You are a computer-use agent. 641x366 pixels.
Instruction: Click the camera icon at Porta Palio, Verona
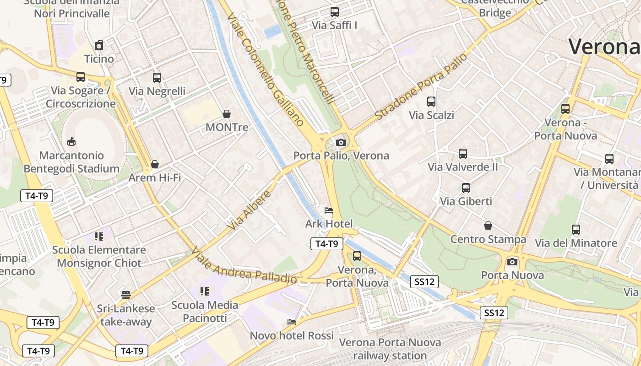[341, 142]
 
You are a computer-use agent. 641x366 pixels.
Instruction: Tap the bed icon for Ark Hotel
[328, 210]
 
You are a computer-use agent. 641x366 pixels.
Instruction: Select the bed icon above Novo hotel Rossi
[292, 322]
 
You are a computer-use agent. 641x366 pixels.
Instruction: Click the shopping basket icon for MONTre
[226, 113]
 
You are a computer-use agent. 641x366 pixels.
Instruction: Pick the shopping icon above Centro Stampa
[488, 226]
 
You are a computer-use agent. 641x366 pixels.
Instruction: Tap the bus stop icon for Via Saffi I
[335, 12]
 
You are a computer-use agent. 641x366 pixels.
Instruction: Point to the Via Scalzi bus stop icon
[431, 102]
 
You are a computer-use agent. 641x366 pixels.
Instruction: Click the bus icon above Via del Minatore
[576, 230]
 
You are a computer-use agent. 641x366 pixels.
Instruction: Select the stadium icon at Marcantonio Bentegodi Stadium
[71, 142]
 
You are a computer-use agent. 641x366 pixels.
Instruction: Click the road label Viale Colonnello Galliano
[266, 69]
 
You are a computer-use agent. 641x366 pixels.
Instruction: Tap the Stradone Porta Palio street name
[421, 86]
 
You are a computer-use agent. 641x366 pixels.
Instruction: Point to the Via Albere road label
[250, 210]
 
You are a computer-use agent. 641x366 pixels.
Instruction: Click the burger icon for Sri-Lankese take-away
[126, 295]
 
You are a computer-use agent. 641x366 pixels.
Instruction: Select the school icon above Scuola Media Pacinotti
[205, 291]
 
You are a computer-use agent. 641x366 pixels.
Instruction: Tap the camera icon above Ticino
[99, 45]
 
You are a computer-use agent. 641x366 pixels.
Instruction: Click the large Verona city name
[603, 46]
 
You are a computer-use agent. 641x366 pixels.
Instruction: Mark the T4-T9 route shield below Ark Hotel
[327, 244]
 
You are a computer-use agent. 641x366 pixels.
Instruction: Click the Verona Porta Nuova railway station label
[390, 349]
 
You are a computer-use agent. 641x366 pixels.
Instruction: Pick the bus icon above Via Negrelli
[157, 78]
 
